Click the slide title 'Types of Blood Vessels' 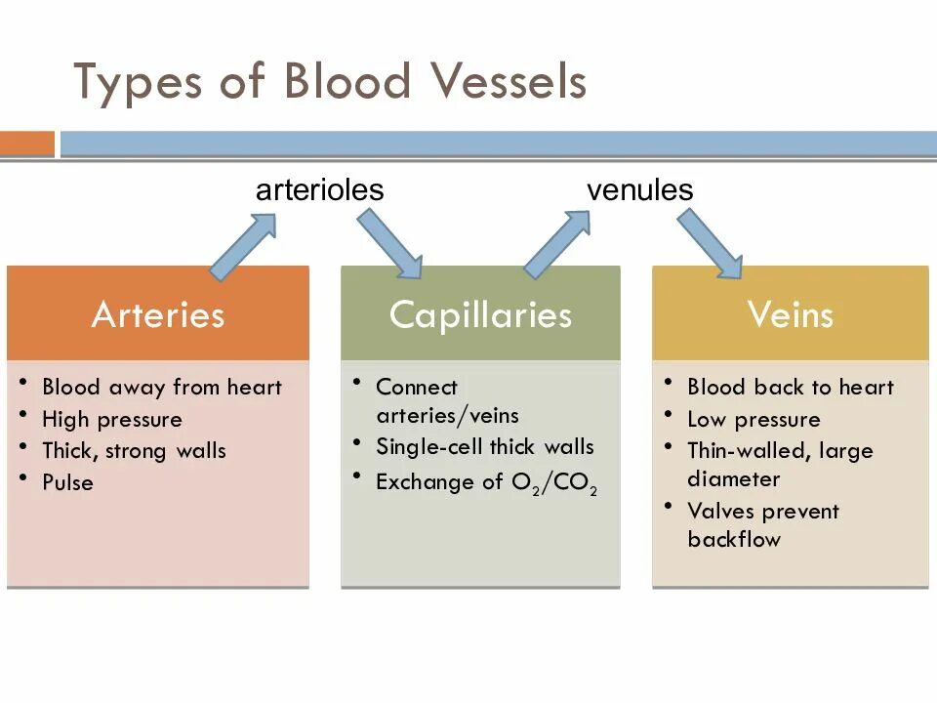coord(330,82)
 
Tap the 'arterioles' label coord(319,190)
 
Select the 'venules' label coord(639,190)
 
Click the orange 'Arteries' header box coord(158,314)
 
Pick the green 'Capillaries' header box coord(480,314)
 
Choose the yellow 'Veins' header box coord(791,314)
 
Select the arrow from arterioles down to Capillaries coord(389,244)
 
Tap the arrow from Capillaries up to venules coord(557,244)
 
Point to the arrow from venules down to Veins coord(710,244)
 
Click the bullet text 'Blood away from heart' coord(162,387)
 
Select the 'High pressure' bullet coord(112,420)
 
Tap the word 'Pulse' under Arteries coord(68,482)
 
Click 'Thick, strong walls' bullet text coord(134,451)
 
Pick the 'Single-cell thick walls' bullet coord(485,447)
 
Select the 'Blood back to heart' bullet coord(791,387)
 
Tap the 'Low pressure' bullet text coord(754,420)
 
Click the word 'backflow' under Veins coord(734,539)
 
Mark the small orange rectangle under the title coord(27,145)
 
